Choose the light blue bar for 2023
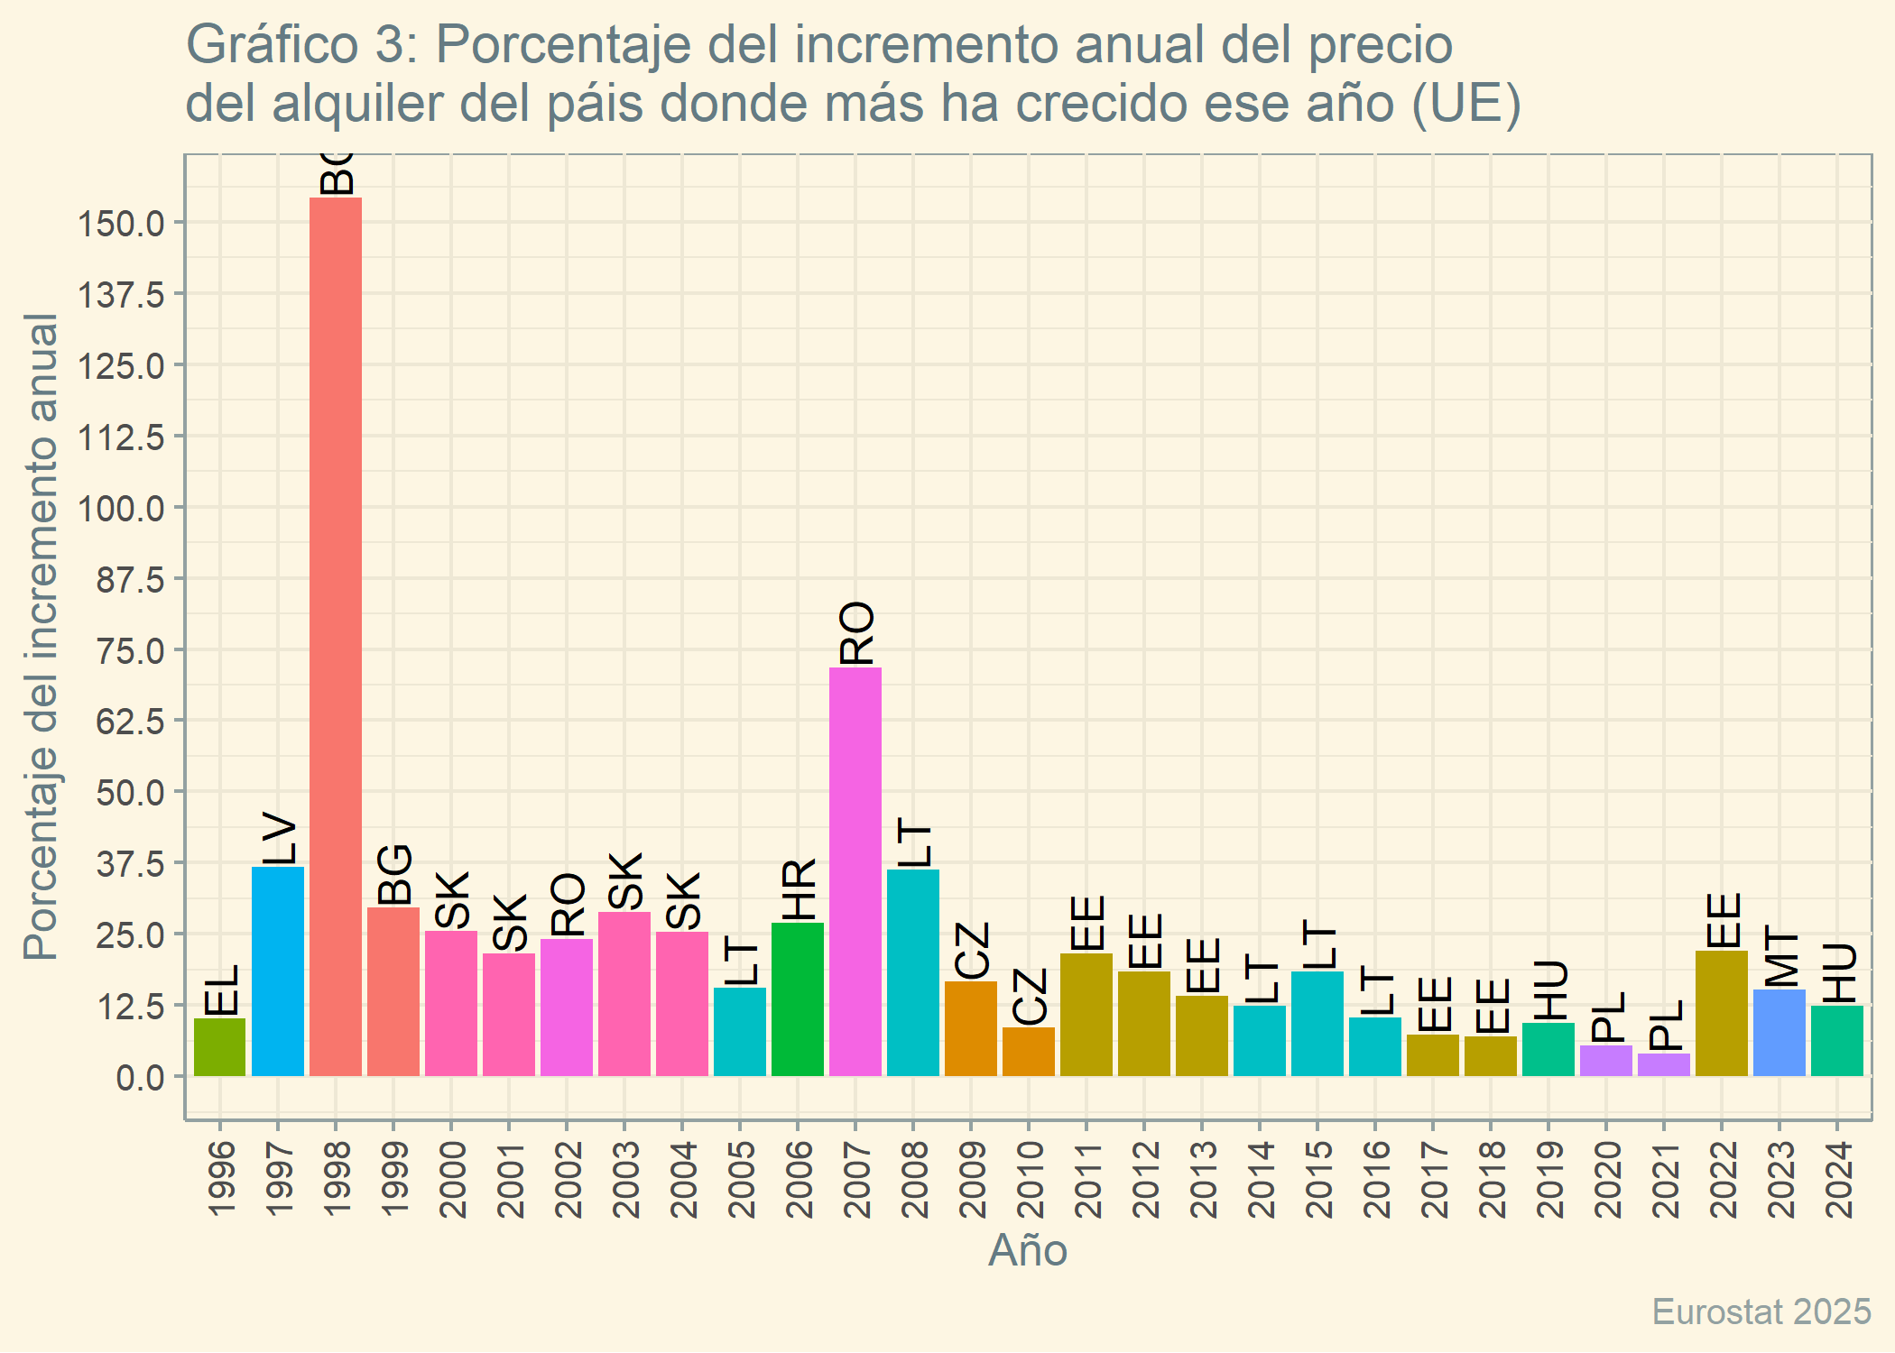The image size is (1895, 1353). [1779, 1032]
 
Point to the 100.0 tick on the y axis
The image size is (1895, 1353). [121, 508]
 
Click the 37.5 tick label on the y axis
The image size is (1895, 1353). [130, 864]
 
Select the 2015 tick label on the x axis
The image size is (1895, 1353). [1318, 1179]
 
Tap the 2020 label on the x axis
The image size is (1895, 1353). [1607, 1179]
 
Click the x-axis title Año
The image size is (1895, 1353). [1028, 1251]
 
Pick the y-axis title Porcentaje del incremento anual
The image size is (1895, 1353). [42, 637]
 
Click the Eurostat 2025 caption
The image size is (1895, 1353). [1761, 1312]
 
